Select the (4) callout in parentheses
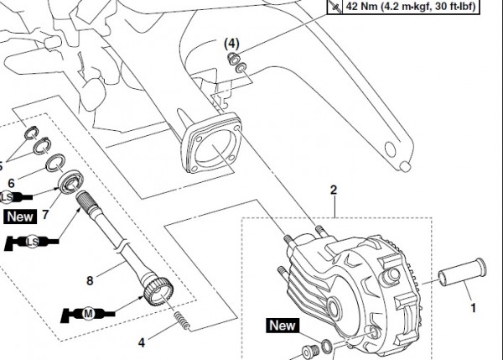pos(231,42)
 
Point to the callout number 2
pos(333,190)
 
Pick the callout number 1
pos(471,310)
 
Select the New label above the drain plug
pos(283,325)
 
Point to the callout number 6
pos(11,183)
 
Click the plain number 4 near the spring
pos(142,343)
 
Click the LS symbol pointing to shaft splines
pos(32,243)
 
